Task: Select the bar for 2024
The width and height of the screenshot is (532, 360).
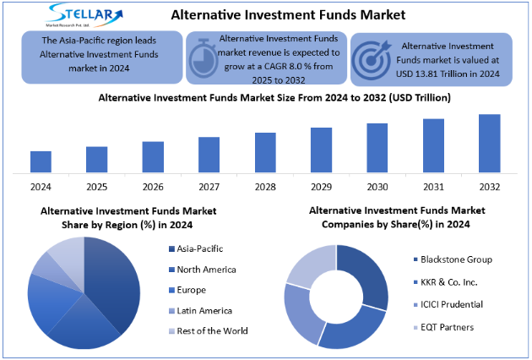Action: [41, 162]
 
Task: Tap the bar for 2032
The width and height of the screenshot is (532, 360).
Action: [489, 144]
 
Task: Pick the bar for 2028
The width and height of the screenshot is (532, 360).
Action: [265, 153]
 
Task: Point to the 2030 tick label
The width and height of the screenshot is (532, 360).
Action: [377, 186]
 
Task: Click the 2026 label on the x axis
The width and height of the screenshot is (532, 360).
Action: [153, 186]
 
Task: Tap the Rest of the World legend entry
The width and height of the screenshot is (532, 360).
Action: [212, 330]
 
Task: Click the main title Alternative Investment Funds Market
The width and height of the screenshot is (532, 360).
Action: [276, 14]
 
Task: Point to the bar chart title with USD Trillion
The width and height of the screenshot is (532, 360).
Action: [274, 98]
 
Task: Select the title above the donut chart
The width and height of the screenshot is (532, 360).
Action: [397, 217]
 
